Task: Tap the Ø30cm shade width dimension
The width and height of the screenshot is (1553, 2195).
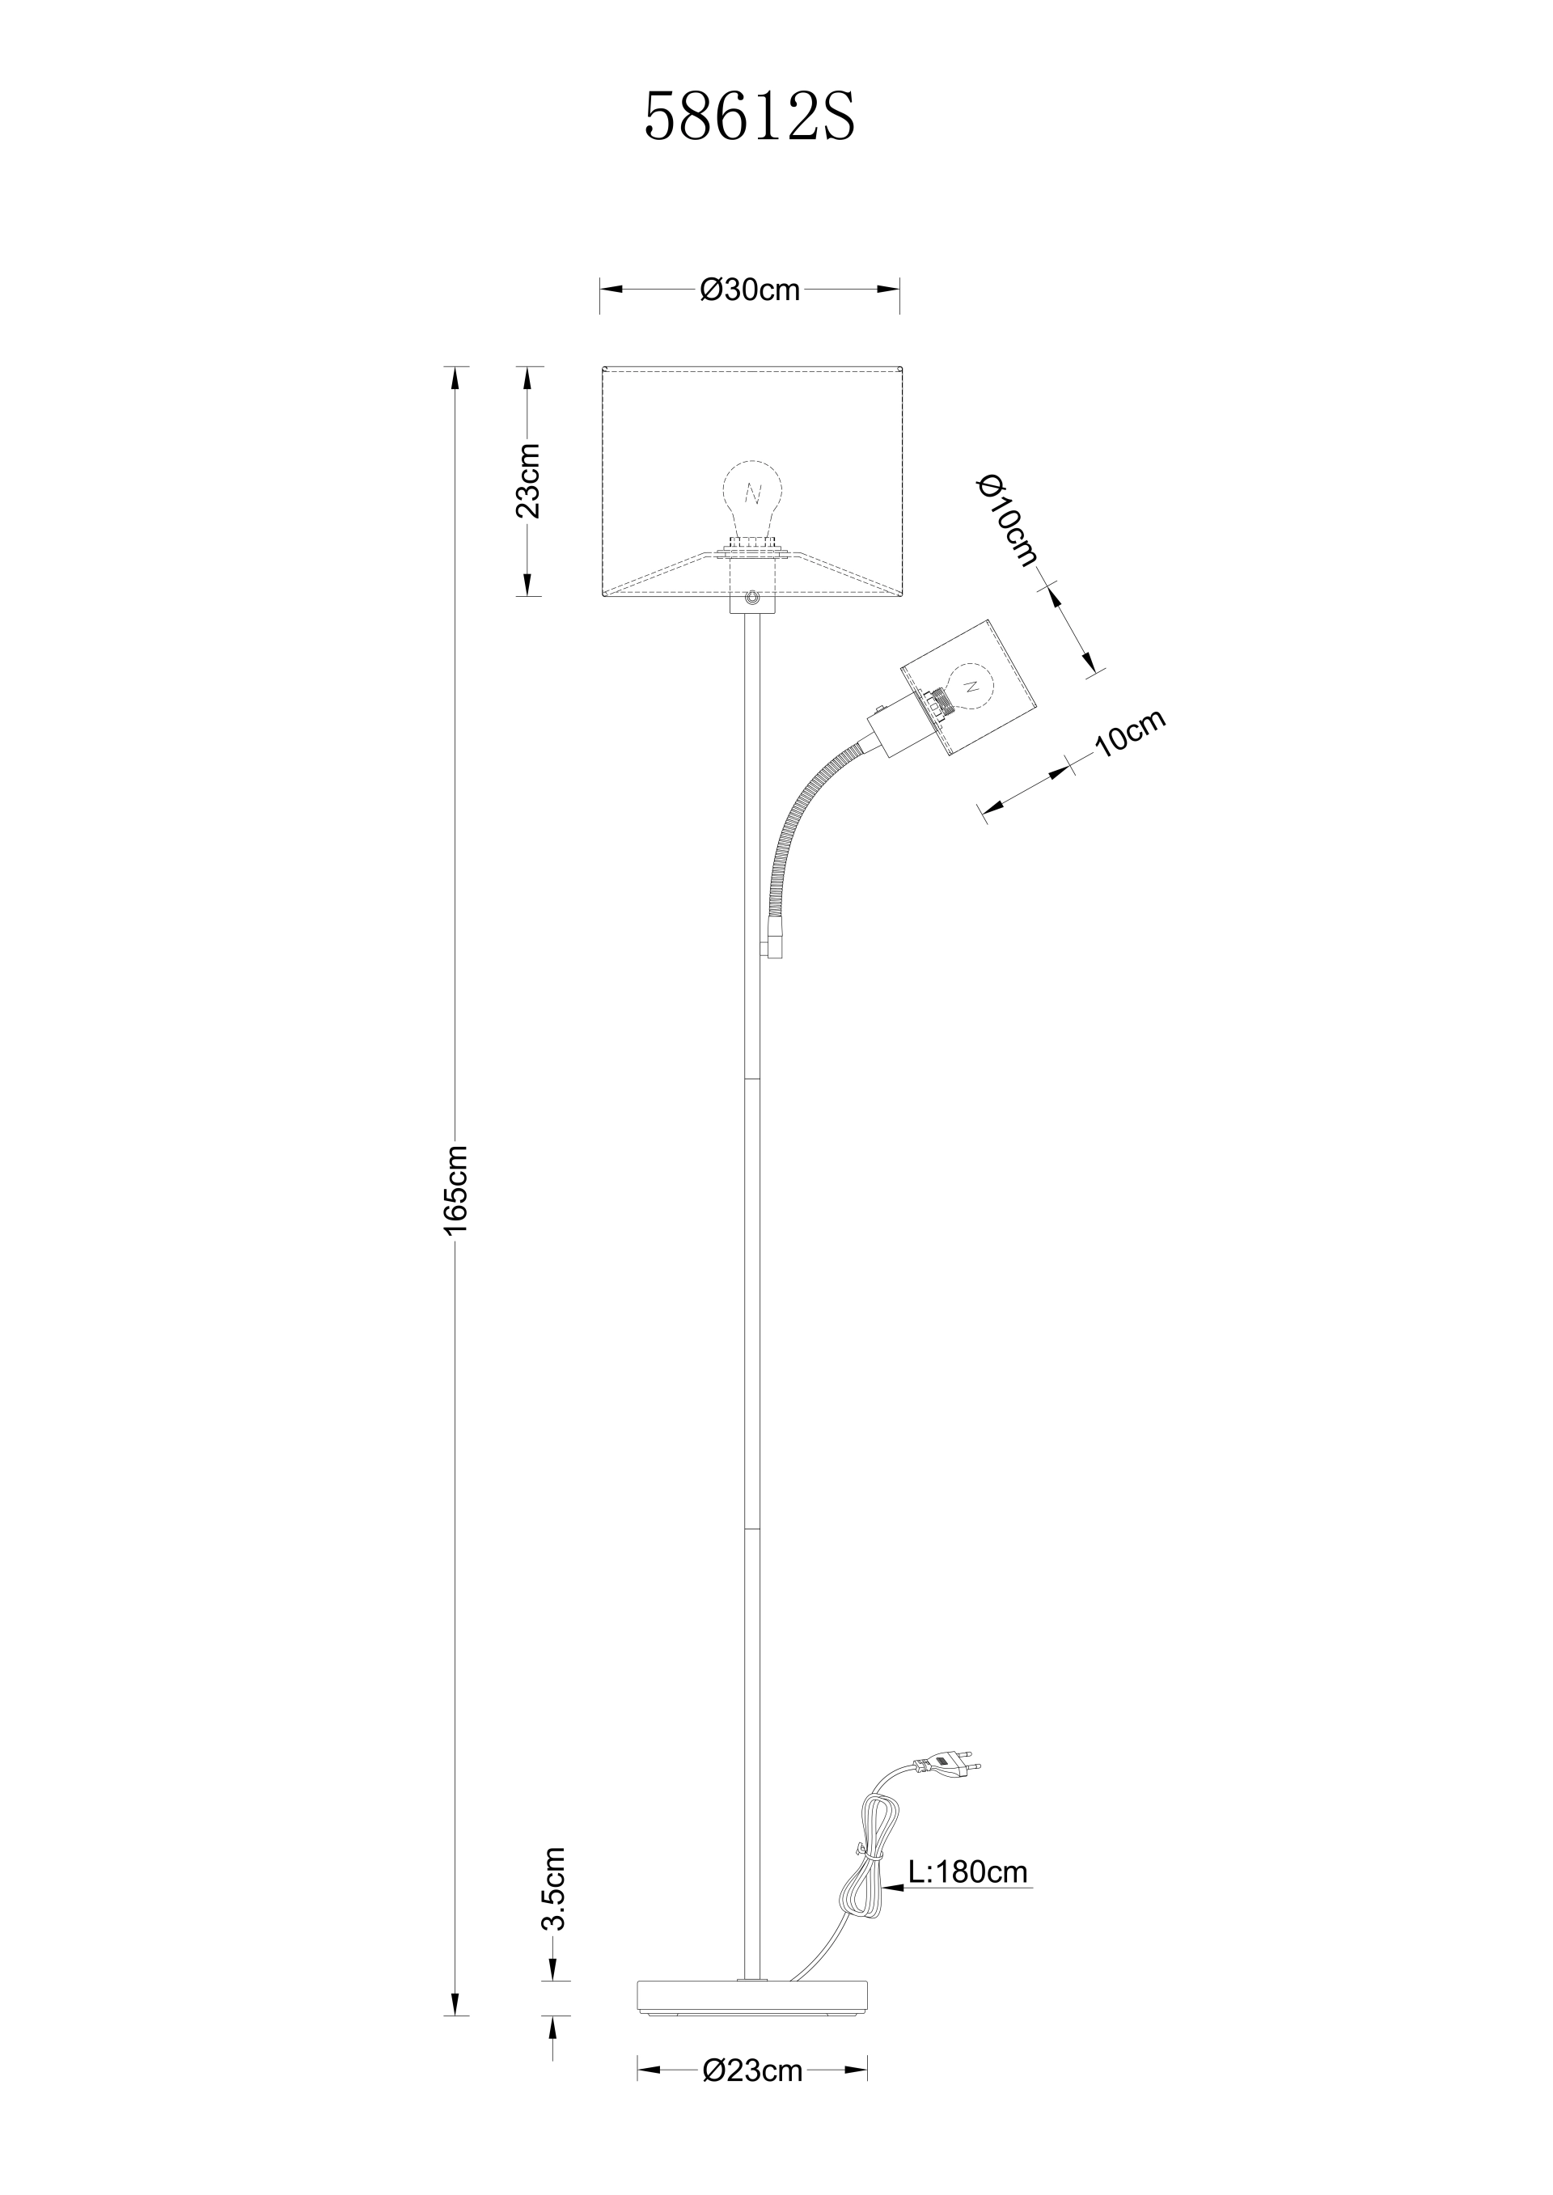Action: (750, 290)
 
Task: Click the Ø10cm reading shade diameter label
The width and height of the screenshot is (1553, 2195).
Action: (1007, 521)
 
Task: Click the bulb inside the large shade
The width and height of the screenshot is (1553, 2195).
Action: (751, 502)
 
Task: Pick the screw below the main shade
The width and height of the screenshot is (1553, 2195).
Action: (752, 599)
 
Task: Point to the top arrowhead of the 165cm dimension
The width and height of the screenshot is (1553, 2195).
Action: (455, 379)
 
